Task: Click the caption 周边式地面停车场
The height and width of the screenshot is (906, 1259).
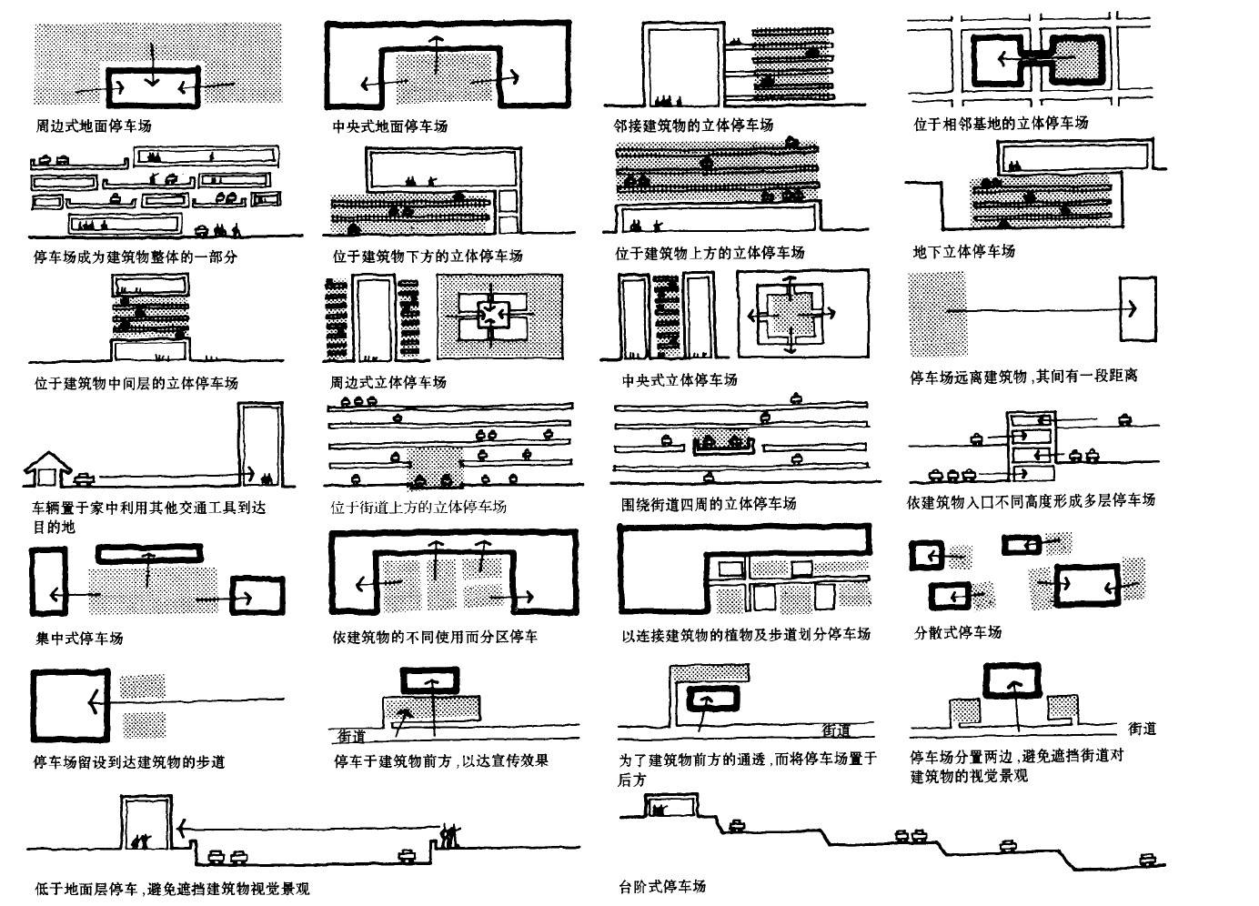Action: pyautogui.click(x=94, y=126)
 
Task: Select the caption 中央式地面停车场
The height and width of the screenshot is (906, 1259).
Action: pyautogui.click(x=390, y=126)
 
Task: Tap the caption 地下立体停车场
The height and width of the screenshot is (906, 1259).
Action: pyautogui.click(x=964, y=251)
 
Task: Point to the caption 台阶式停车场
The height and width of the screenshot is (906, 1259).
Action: pyautogui.click(x=662, y=885)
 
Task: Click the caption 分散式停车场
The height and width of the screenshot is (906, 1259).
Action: pyautogui.click(x=958, y=631)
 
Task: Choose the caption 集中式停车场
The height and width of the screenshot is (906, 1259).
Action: pyautogui.click(x=79, y=638)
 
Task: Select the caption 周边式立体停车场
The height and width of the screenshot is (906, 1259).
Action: pyautogui.click(x=389, y=382)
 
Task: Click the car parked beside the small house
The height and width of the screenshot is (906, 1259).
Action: pyautogui.click(x=85, y=476)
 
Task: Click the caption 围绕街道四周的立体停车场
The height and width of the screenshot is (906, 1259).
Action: pyautogui.click(x=709, y=503)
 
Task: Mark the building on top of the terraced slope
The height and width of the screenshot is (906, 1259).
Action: pyautogui.click(x=671, y=805)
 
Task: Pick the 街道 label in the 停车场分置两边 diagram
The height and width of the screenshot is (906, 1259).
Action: pyautogui.click(x=1142, y=729)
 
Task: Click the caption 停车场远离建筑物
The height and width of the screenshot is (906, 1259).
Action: pyautogui.click(x=1023, y=376)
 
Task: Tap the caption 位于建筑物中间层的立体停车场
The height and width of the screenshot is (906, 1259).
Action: pyautogui.click(x=136, y=383)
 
